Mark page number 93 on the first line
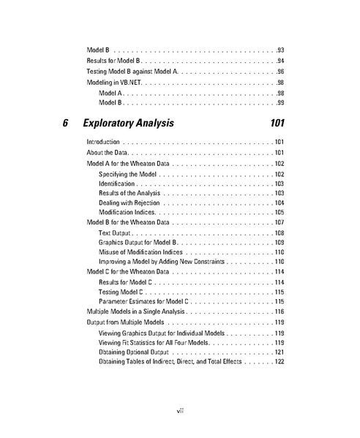[280, 49]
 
